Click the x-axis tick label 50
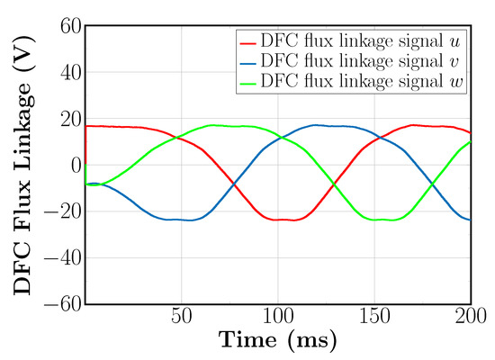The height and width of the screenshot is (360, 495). coord(181,318)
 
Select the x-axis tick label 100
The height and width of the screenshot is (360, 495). coord(277,318)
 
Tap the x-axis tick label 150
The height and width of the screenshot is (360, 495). coord(373,318)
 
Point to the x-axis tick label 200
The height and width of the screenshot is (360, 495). coord(469,318)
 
